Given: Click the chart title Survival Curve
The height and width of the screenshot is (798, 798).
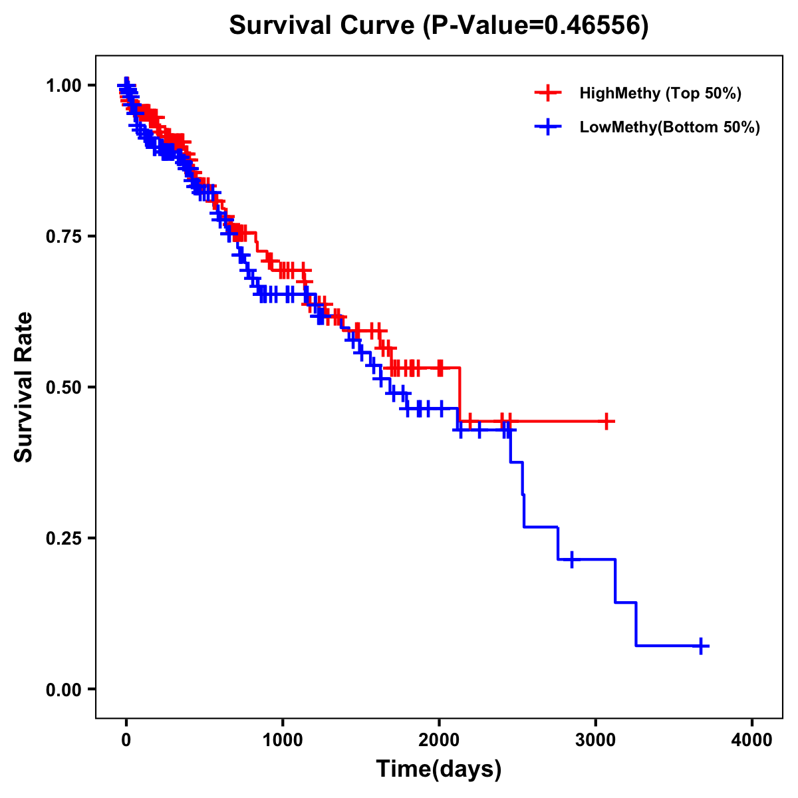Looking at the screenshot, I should coord(323,25).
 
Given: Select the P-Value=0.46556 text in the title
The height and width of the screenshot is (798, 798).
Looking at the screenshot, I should coord(536,25).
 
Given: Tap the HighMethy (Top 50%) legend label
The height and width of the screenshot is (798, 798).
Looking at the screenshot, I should coord(660,93).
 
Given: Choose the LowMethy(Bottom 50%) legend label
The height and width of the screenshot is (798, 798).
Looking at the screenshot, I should coord(670,127).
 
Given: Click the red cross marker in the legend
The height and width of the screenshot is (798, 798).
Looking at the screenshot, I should coord(548,93).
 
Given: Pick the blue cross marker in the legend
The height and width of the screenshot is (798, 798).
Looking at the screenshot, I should coord(548,127).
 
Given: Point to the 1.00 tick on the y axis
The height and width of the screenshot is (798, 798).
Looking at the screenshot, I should coord(63,85).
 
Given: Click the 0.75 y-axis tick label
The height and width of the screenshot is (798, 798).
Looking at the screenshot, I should coord(63,236).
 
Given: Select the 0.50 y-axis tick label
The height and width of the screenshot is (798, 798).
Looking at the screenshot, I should coord(63,387).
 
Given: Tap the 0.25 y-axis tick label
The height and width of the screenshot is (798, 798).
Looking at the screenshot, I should coord(63,538).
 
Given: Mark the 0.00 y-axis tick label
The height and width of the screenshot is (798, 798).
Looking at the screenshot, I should coord(63,689).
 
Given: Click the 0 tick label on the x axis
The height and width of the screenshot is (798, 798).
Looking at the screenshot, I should coord(126,739).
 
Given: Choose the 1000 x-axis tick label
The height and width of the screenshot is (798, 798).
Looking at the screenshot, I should coord(283,739).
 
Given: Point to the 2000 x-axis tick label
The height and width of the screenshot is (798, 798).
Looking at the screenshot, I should coord(439,739).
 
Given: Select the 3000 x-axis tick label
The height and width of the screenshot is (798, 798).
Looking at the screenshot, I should coord(596,739).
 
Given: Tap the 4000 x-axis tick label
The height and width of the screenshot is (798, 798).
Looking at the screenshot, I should coord(752,739).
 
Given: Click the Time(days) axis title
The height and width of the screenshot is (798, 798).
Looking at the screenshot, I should coord(439,769).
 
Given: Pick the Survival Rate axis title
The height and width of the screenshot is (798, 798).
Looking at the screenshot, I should coord(24,387).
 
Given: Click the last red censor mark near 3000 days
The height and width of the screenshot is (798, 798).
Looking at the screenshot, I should coord(606,421).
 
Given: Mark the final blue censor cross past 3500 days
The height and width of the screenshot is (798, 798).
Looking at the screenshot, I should coord(701,646).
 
